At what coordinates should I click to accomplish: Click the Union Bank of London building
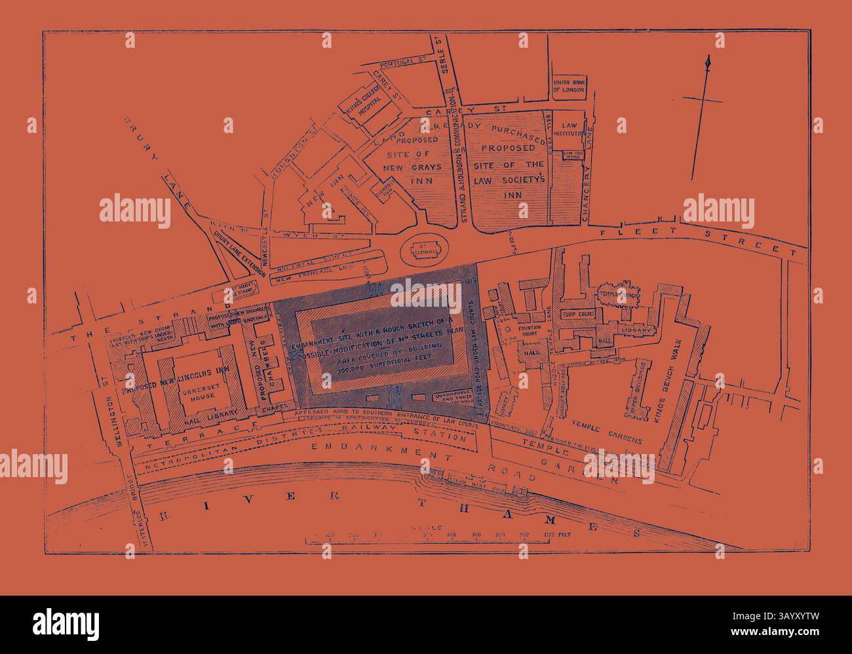click(568, 85)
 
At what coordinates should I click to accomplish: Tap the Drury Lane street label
click(157, 164)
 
